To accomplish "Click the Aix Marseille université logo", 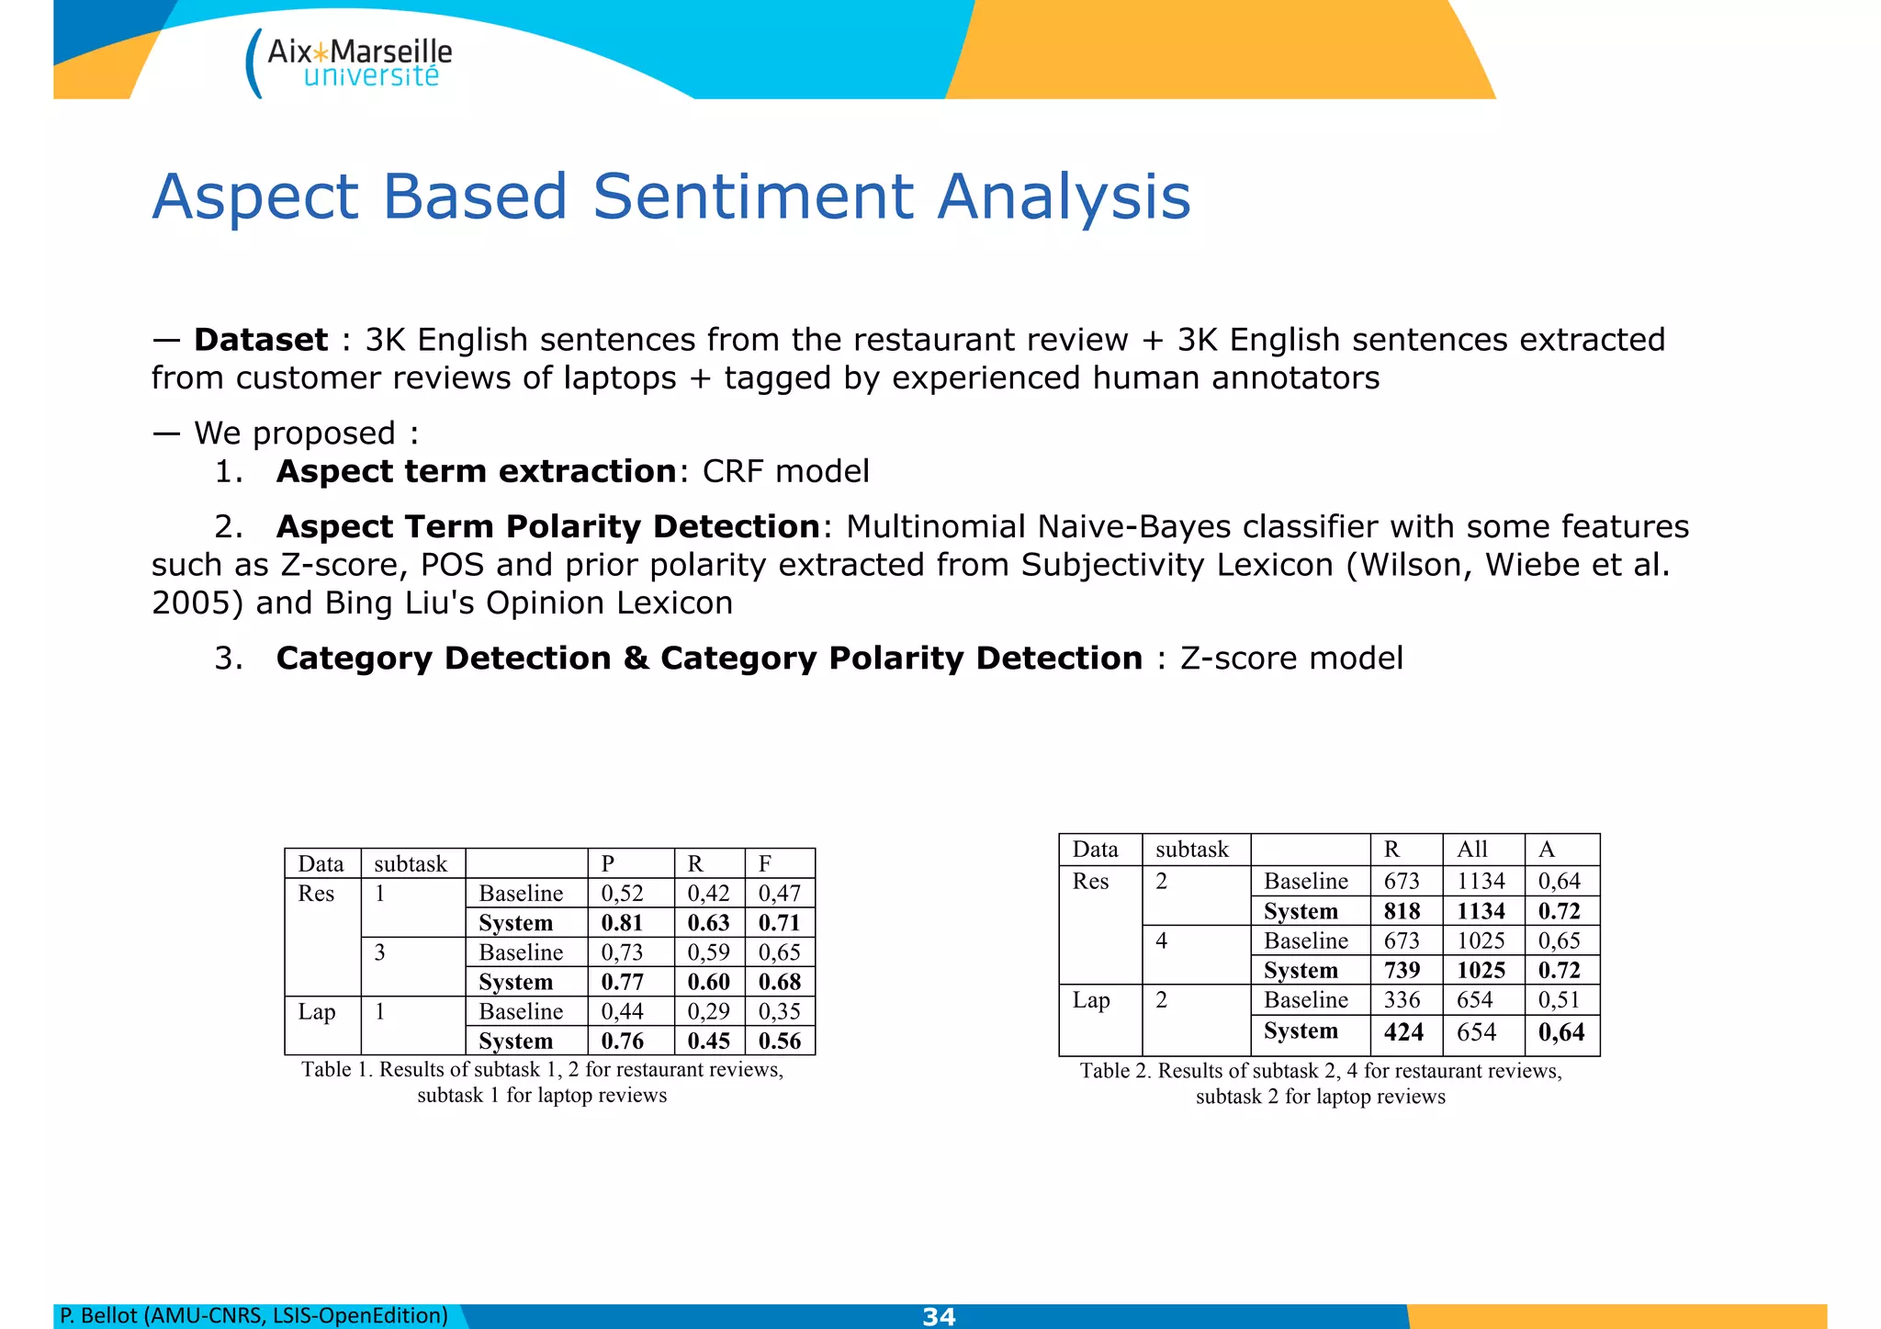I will [x=351, y=62].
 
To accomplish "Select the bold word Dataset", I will [x=261, y=340].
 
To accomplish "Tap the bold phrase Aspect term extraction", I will [x=476, y=471].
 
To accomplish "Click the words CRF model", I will [x=785, y=471].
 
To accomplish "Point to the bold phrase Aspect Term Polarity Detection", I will [x=547, y=527].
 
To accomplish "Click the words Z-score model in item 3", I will [x=1291, y=659].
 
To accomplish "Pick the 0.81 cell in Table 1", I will [x=622, y=923].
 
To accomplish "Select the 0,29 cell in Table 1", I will [x=708, y=1011].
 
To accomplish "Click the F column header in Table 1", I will [x=765, y=863].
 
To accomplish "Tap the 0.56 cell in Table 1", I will [x=780, y=1041].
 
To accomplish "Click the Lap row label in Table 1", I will [x=317, y=1011].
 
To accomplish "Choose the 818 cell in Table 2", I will [x=1402, y=911].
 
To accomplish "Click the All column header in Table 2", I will [x=1472, y=850].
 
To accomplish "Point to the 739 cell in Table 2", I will [x=1402, y=970].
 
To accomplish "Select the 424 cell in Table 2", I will [x=1403, y=1031].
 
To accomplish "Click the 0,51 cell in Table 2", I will [x=1559, y=999].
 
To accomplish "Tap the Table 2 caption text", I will [x=1321, y=1084].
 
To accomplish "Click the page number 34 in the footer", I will [x=939, y=1316].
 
